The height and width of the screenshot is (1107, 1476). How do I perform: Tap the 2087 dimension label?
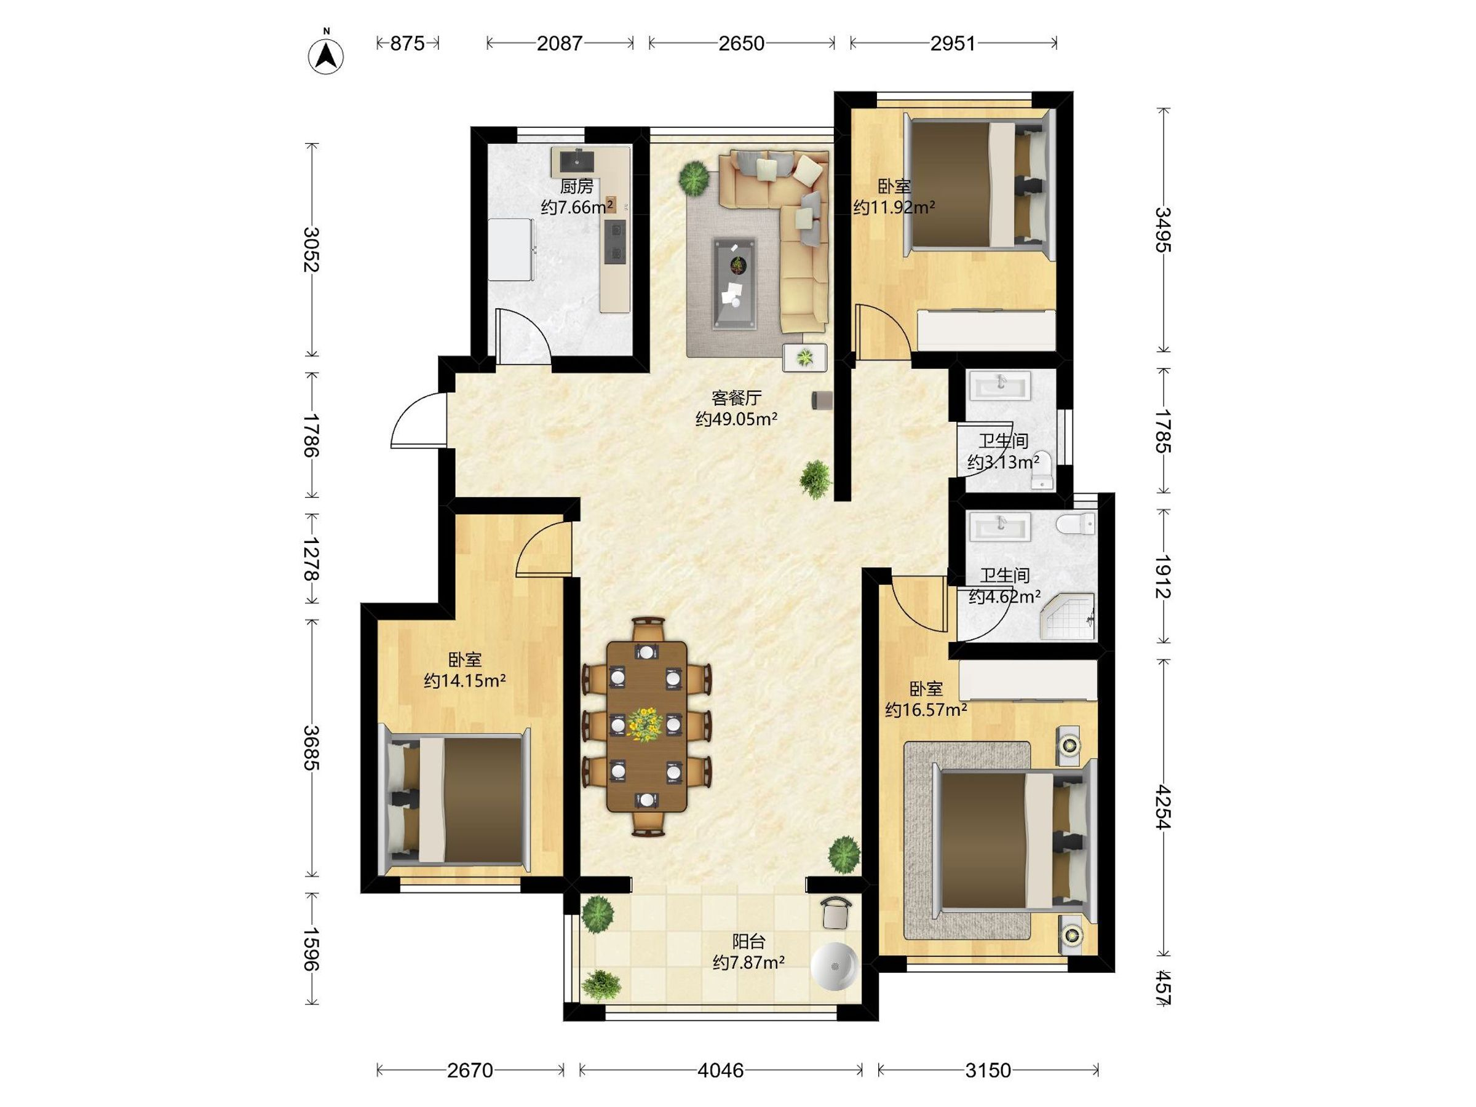click(x=560, y=44)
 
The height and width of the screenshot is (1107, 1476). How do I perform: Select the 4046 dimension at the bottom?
click(x=721, y=1070)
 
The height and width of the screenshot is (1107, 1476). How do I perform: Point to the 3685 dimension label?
click(x=311, y=748)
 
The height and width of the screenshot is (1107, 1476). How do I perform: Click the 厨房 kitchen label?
click(x=576, y=186)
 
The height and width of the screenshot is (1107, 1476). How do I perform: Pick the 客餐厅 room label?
click(x=736, y=399)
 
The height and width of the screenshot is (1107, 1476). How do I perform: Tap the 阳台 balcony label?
click(x=748, y=942)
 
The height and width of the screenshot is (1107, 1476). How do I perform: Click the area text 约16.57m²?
click(x=926, y=710)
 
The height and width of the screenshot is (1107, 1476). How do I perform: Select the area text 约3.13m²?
click(x=1003, y=462)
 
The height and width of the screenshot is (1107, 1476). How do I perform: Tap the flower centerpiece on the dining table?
click(x=645, y=724)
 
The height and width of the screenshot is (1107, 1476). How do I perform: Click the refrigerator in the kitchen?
click(x=511, y=250)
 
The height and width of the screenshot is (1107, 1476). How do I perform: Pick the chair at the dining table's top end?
click(x=648, y=629)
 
